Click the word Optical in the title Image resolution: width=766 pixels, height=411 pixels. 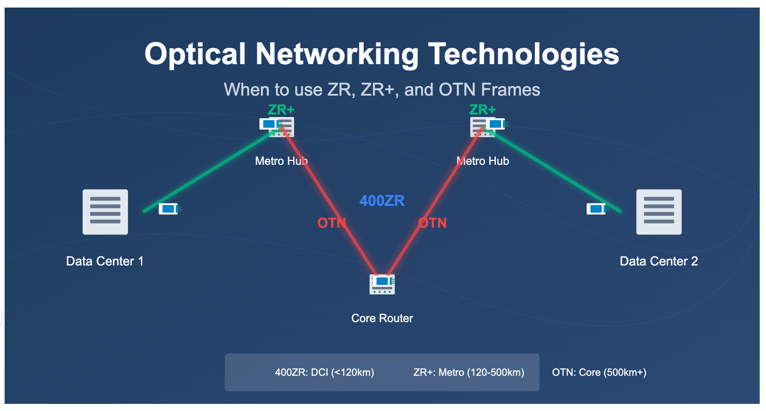195,54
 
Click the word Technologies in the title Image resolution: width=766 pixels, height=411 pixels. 524,54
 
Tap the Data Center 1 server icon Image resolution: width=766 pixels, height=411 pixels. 105,212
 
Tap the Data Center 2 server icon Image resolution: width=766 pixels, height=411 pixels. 659,212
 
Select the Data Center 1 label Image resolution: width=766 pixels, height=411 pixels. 105,261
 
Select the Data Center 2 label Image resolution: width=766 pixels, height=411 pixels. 659,261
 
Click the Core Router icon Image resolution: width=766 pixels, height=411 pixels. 382,284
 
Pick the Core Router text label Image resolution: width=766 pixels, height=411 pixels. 382,318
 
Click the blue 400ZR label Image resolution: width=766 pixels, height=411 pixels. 382,201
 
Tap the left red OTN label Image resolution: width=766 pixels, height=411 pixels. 332,223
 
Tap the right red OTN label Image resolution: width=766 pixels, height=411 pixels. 433,223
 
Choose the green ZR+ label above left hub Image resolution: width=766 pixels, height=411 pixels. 281,110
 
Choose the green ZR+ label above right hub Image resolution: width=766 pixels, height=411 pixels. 483,110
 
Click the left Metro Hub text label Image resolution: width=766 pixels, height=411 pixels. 281,161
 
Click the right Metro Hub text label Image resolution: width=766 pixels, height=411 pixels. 483,161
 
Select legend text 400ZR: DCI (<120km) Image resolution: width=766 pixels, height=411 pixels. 325,372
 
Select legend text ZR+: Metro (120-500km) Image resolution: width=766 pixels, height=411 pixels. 469,372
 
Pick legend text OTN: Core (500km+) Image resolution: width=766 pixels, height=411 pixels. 599,372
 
